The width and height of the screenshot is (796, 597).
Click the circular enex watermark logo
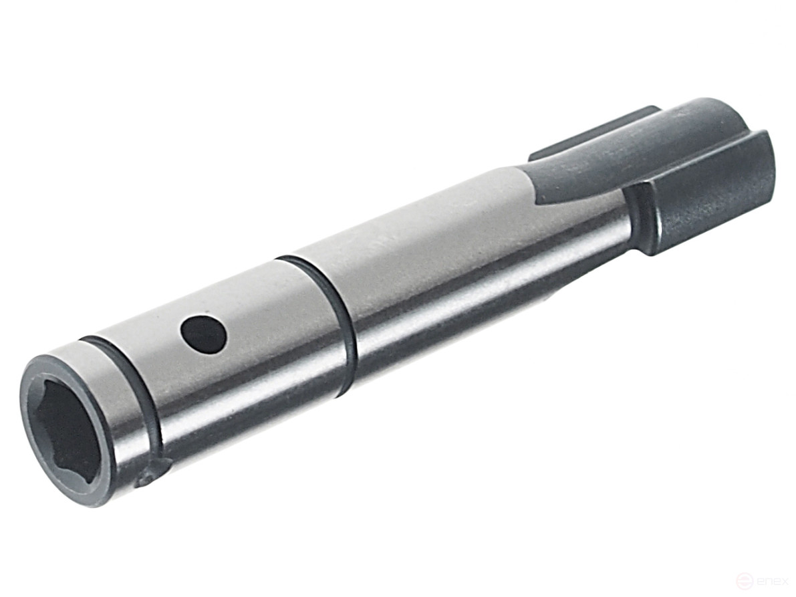tap(741, 580)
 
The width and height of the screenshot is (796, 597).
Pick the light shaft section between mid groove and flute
tap(434, 247)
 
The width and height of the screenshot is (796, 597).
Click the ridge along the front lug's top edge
tap(702, 160)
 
